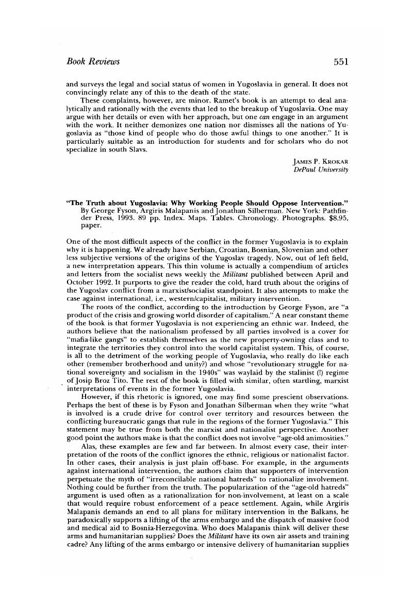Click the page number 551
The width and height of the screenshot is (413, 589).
[x=341, y=62]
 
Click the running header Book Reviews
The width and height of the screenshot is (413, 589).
[x=93, y=62]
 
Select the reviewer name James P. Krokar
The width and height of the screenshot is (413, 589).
[x=320, y=162]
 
